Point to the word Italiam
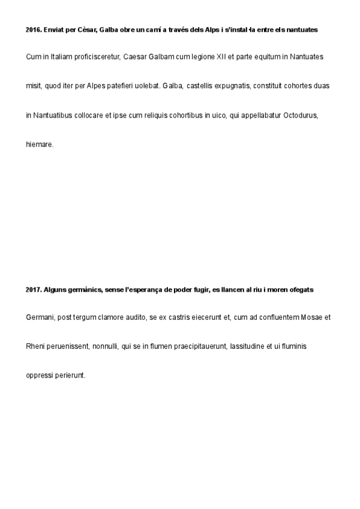tap(56, 57)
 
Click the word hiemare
tap(40, 143)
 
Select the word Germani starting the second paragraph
tap(40, 318)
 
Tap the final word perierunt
tap(71, 376)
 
